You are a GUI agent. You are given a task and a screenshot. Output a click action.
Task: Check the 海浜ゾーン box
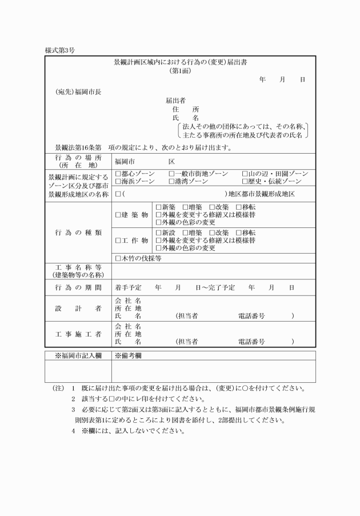pyautogui.click(x=118, y=181)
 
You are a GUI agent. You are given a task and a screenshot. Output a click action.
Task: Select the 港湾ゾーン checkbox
pyautogui.click(x=171, y=181)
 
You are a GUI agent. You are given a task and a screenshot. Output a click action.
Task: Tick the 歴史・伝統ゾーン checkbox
pyautogui.click(x=245, y=181)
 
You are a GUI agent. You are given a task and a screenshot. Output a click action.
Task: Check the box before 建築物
pyautogui.click(x=118, y=215)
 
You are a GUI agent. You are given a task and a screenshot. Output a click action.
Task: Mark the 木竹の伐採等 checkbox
pyautogui.click(x=118, y=258)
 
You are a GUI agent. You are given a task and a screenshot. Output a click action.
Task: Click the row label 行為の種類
pyautogui.click(x=79, y=233)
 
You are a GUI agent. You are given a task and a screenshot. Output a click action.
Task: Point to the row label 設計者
pyautogui.click(x=79, y=309)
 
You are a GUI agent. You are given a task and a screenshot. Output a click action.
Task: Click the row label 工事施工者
pyautogui.click(x=79, y=334)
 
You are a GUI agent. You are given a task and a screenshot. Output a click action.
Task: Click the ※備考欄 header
pyautogui.click(x=128, y=355)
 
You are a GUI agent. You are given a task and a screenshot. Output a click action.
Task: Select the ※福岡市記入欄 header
pyautogui.click(x=78, y=355)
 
